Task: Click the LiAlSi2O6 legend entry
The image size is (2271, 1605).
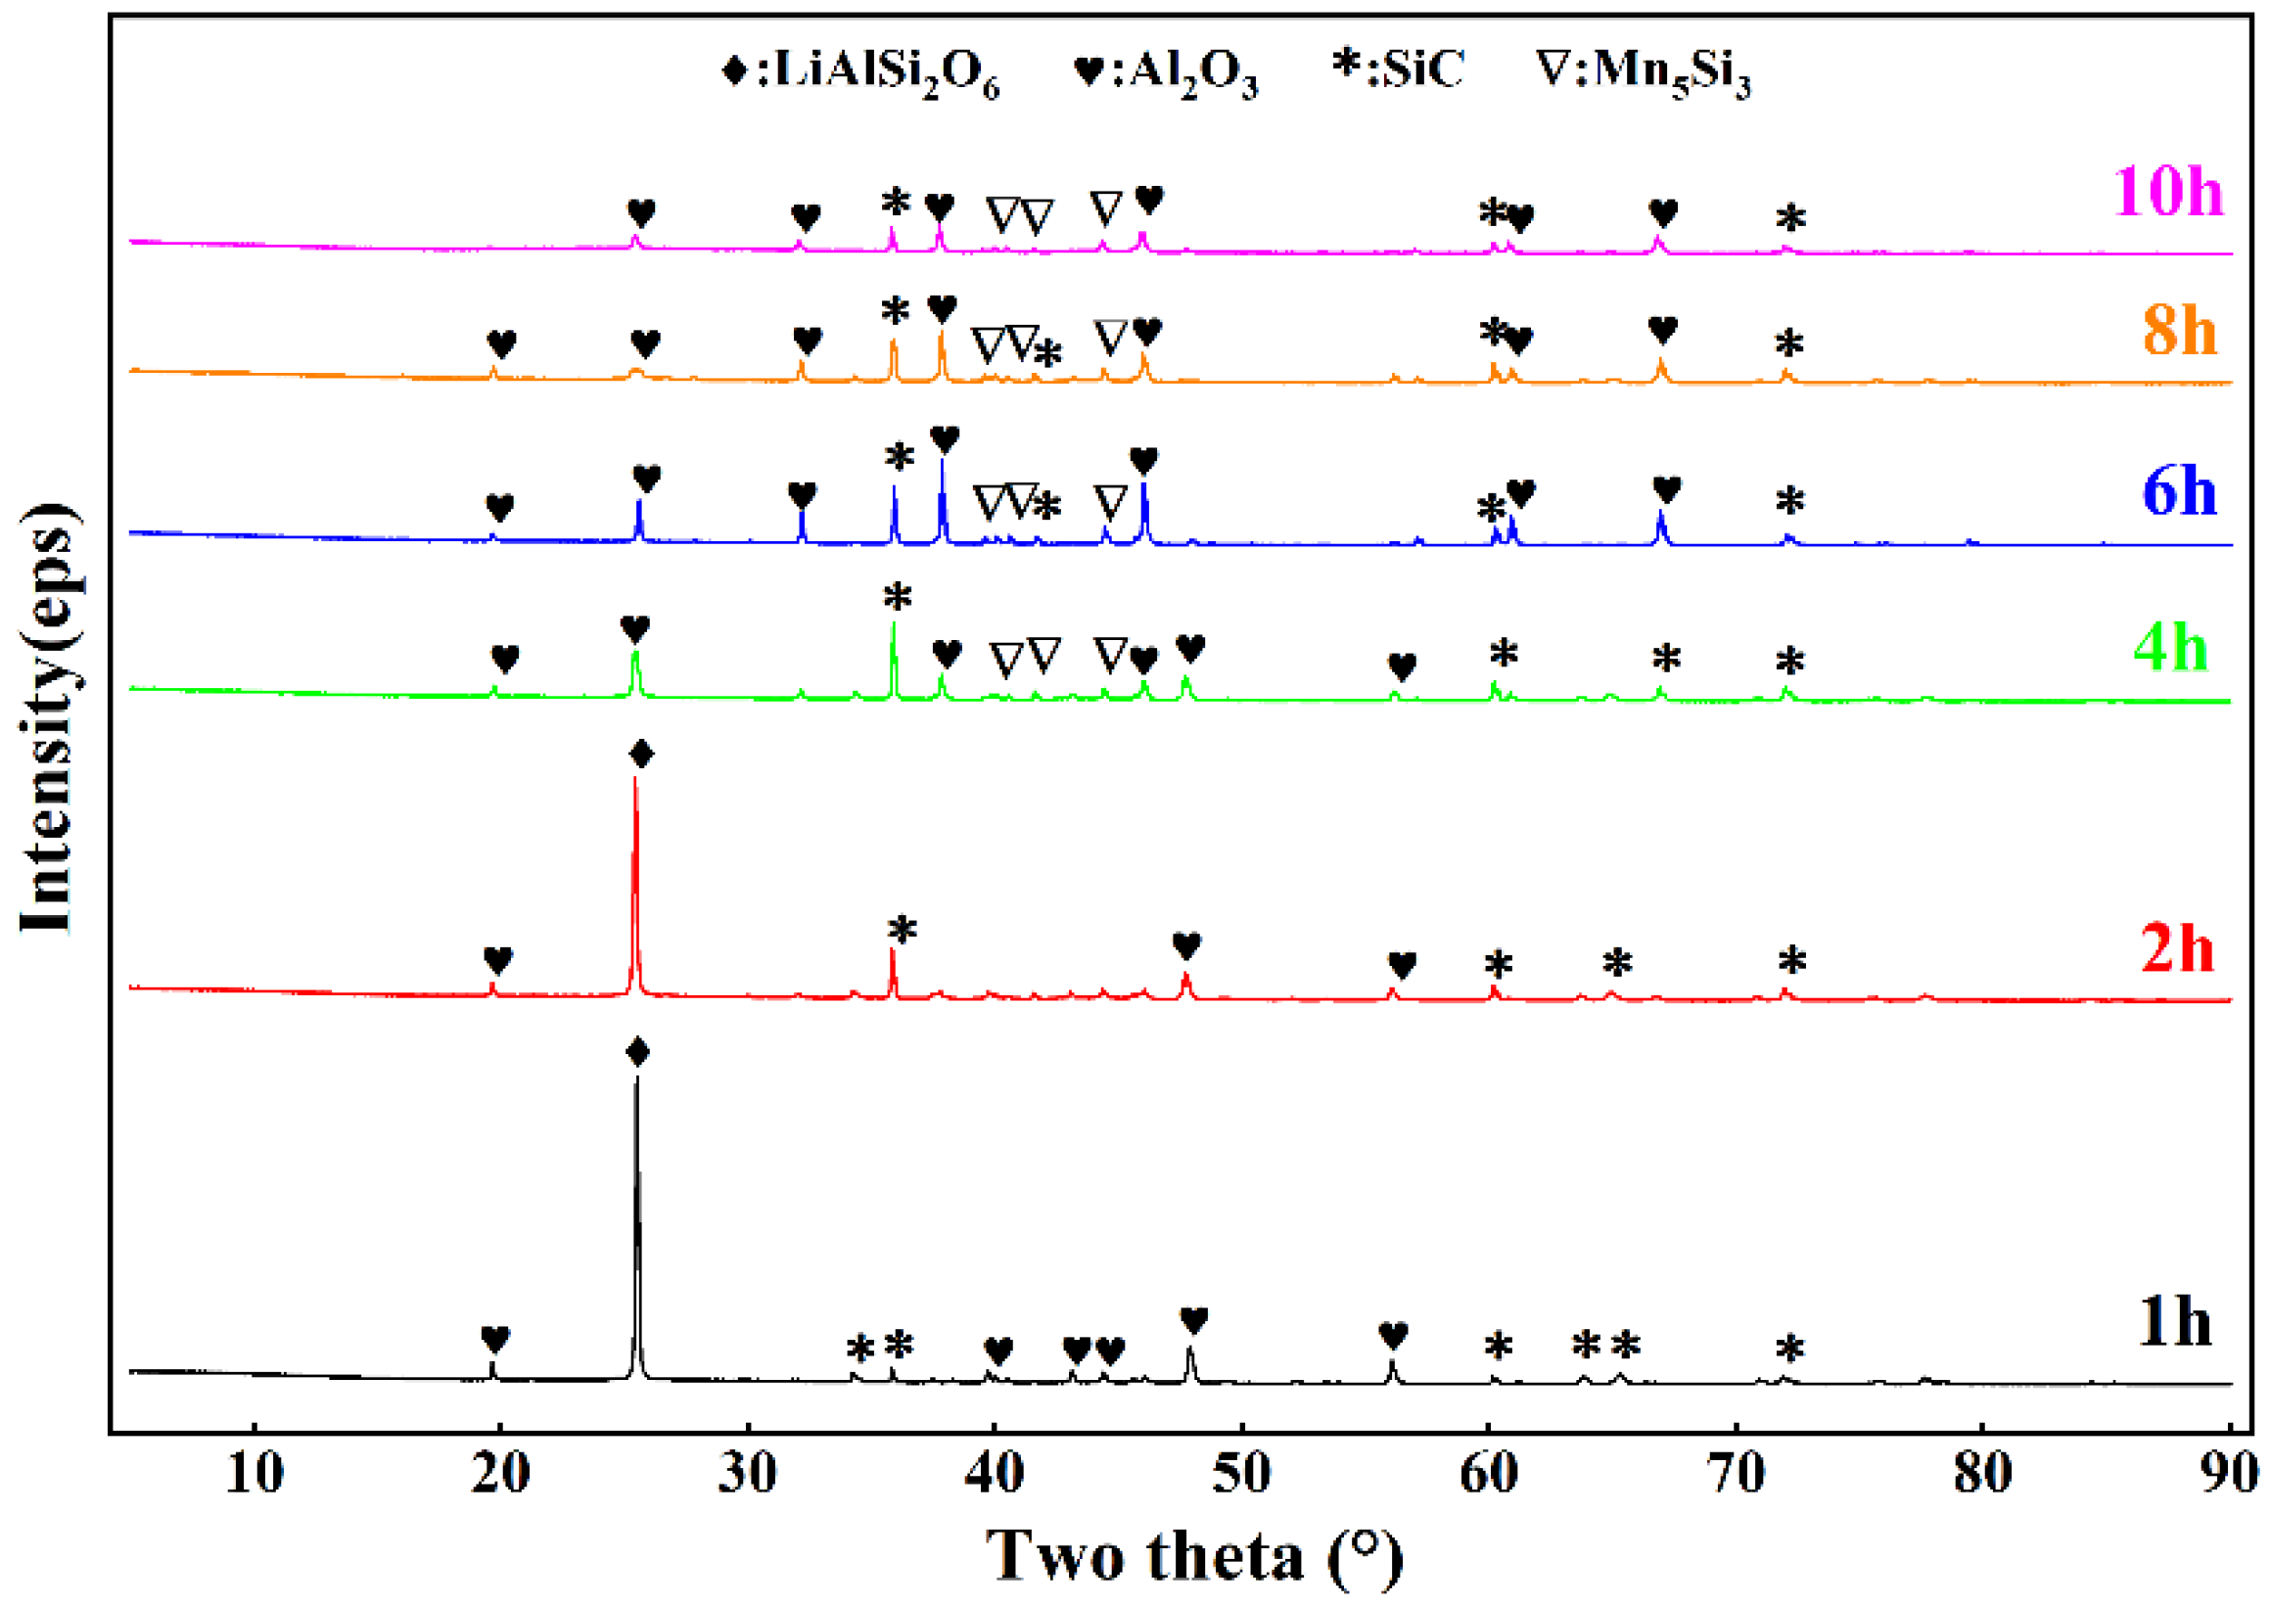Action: click(860, 72)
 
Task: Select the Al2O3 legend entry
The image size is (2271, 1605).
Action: click(1167, 72)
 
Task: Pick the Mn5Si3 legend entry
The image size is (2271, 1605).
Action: click(1643, 72)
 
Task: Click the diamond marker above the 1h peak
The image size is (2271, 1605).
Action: click(638, 1052)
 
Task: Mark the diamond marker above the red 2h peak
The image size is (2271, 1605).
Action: click(641, 755)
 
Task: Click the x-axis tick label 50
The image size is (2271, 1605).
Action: click(1240, 1474)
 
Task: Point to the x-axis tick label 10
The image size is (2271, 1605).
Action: click(255, 1474)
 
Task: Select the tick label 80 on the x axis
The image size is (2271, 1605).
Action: click(1982, 1474)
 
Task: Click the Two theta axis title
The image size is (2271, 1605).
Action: click(1194, 1556)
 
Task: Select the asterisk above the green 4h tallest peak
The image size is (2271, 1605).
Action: click(897, 597)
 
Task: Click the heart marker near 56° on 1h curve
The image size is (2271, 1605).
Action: click(1393, 1336)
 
